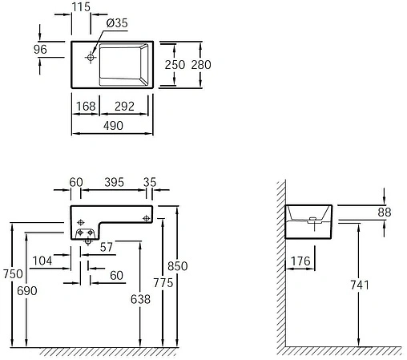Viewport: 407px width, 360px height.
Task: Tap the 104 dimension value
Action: pyautogui.click(x=42, y=261)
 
